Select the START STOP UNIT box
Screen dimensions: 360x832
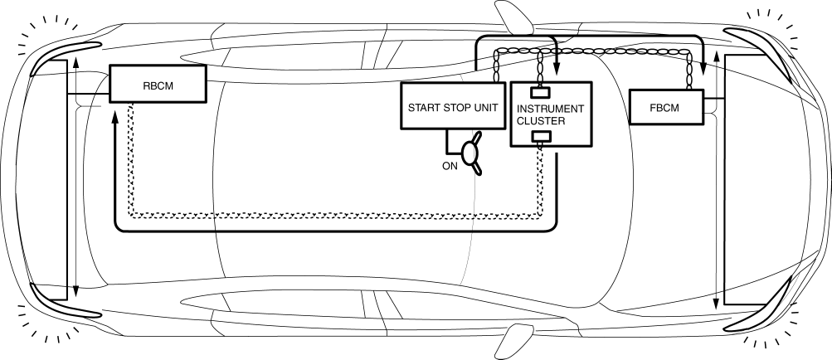coord(453,106)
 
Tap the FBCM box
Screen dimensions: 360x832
coord(667,105)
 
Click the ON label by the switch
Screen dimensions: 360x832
coord(450,165)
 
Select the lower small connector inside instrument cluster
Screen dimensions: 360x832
coord(542,137)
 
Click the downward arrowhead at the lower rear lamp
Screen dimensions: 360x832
coord(75,292)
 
